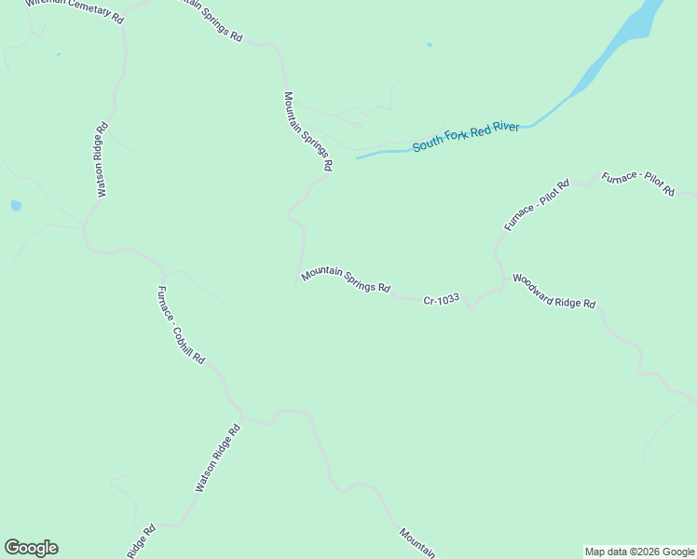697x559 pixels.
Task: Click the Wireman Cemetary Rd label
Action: click(x=75, y=10)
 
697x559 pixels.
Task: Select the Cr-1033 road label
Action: click(x=442, y=300)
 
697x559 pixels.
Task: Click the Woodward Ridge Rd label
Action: click(x=553, y=291)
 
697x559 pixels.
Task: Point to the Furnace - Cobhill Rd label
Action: click(x=181, y=324)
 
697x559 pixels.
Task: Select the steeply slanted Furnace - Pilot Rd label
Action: click(x=537, y=206)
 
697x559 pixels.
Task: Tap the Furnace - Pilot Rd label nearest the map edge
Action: click(x=638, y=184)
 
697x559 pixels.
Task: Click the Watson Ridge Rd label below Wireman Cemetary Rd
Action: click(x=102, y=159)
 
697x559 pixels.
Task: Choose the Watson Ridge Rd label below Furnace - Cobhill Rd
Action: click(x=218, y=458)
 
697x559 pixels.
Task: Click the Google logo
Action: click(x=31, y=548)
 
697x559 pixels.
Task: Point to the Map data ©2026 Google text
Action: click(x=640, y=552)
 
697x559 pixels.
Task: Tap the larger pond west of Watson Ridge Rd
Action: click(x=16, y=205)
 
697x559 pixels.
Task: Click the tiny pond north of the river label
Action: click(x=430, y=45)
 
